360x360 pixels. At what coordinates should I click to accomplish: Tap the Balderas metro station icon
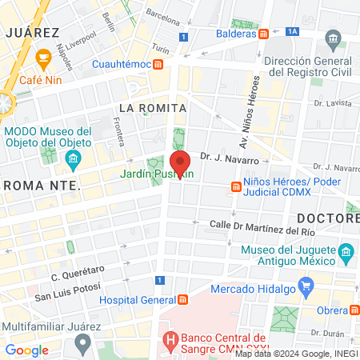click(263, 34)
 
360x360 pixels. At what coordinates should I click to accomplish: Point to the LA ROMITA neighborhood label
click(152, 107)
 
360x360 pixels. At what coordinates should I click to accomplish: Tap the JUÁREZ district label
click(33, 32)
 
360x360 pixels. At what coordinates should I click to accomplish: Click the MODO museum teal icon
click(74, 158)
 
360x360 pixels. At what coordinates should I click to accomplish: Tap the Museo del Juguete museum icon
click(346, 256)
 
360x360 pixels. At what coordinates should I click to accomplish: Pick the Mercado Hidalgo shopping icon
click(304, 285)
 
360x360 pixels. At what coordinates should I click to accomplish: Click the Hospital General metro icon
click(183, 300)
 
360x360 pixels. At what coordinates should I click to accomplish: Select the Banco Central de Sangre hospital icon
click(169, 338)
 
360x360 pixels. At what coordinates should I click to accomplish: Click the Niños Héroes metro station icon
click(236, 186)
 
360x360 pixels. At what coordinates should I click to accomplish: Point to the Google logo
click(27, 350)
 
